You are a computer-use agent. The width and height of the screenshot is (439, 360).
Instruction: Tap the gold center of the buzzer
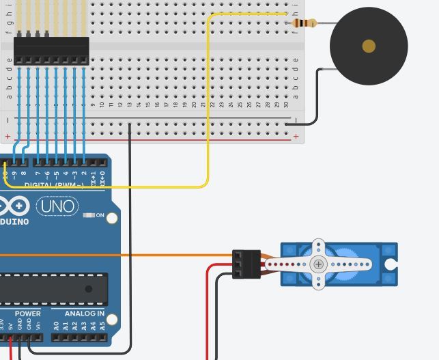(x=369, y=46)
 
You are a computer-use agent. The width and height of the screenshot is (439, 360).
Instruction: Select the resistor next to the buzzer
(x=304, y=23)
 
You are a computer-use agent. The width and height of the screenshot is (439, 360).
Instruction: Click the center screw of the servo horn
(x=318, y=264)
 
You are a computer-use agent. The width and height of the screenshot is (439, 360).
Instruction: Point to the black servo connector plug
(x=246, y=264)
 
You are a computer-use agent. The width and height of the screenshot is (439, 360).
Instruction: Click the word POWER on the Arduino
(x=27, y=314)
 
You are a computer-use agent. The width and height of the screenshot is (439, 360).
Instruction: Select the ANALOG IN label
(x=85, y=314)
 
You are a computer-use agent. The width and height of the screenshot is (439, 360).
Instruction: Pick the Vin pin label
(x=38, y=327)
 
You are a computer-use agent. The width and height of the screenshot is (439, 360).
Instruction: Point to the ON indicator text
(x=100, y=215)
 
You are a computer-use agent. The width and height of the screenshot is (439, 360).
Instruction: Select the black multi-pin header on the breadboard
(x=51, y=51)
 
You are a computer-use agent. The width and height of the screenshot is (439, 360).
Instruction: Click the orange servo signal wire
(x=171, y=255)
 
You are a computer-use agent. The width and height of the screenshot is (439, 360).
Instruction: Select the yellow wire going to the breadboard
(x=208, y=102)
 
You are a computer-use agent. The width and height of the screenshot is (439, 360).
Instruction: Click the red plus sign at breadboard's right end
(x=296, y=137)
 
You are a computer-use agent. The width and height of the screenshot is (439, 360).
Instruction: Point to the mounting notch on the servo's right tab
(x=391, y=264)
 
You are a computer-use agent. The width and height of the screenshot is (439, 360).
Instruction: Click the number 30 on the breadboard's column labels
(x=286, y=104)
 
